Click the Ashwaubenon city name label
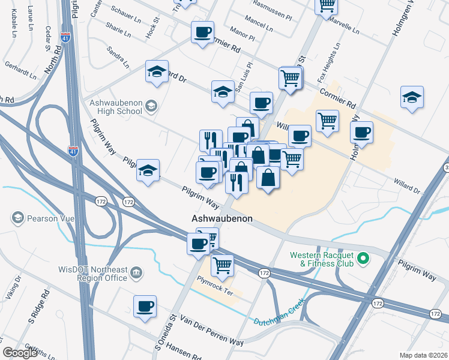[221, 218]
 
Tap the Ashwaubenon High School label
[115, 107]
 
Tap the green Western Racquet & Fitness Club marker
[362, 259]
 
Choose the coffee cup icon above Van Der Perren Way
[145, 306]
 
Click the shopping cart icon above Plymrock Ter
[223, 265]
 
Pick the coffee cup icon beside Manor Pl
[202, 32]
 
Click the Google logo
[19, 353]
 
